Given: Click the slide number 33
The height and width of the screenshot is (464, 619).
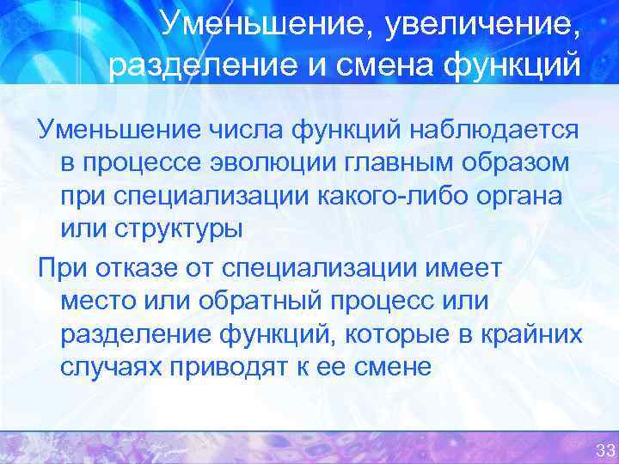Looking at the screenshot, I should [604, 449].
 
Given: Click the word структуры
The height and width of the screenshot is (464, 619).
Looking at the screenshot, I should [174, 229].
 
